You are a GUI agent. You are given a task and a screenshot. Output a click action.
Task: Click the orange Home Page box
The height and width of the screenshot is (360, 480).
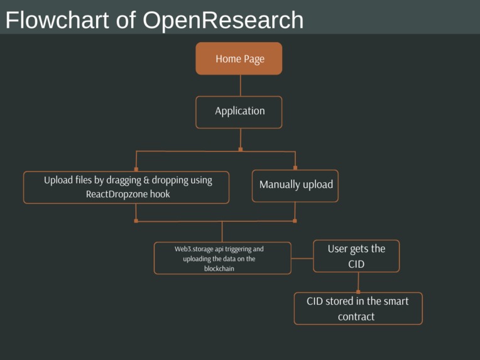tap(239, 58)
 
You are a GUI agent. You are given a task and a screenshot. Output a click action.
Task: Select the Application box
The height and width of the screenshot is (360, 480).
tap(239, 111)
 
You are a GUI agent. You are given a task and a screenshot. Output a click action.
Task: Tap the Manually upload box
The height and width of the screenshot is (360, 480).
tap(295, 185)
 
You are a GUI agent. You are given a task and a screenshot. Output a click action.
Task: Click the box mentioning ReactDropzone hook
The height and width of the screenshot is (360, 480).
tap(126, 187)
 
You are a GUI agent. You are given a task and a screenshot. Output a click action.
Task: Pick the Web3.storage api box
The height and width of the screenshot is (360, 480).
tap(222, 258)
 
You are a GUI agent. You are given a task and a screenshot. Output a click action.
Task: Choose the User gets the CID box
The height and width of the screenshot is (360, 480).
tap(356, 256)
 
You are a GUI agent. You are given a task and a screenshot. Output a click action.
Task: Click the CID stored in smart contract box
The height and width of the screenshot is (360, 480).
tap(357, 308)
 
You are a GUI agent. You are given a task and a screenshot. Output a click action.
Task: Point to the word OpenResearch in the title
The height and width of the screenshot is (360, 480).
tap(222, 20)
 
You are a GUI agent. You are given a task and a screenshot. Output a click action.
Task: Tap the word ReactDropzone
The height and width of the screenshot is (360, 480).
tap(116, 195)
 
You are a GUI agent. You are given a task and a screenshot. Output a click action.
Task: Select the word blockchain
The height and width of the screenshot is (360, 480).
tap(219, 268)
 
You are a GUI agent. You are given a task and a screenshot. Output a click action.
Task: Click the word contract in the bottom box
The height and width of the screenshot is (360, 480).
tap(356, 317)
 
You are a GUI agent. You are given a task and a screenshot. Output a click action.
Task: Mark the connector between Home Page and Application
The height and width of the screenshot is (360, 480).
tap(239, 85)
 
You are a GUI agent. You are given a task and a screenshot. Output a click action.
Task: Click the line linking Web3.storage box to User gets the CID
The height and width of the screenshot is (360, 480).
tap(302, 258)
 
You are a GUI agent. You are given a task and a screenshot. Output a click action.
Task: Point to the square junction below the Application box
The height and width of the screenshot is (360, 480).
tap(240, 150)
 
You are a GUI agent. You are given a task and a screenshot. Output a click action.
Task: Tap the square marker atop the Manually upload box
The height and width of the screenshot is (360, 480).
tap(295, 168)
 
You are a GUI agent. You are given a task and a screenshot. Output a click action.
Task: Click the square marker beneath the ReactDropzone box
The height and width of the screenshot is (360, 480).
tap(136, 221)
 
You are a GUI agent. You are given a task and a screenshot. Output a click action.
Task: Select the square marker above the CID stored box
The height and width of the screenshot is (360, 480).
tap(358, 291)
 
